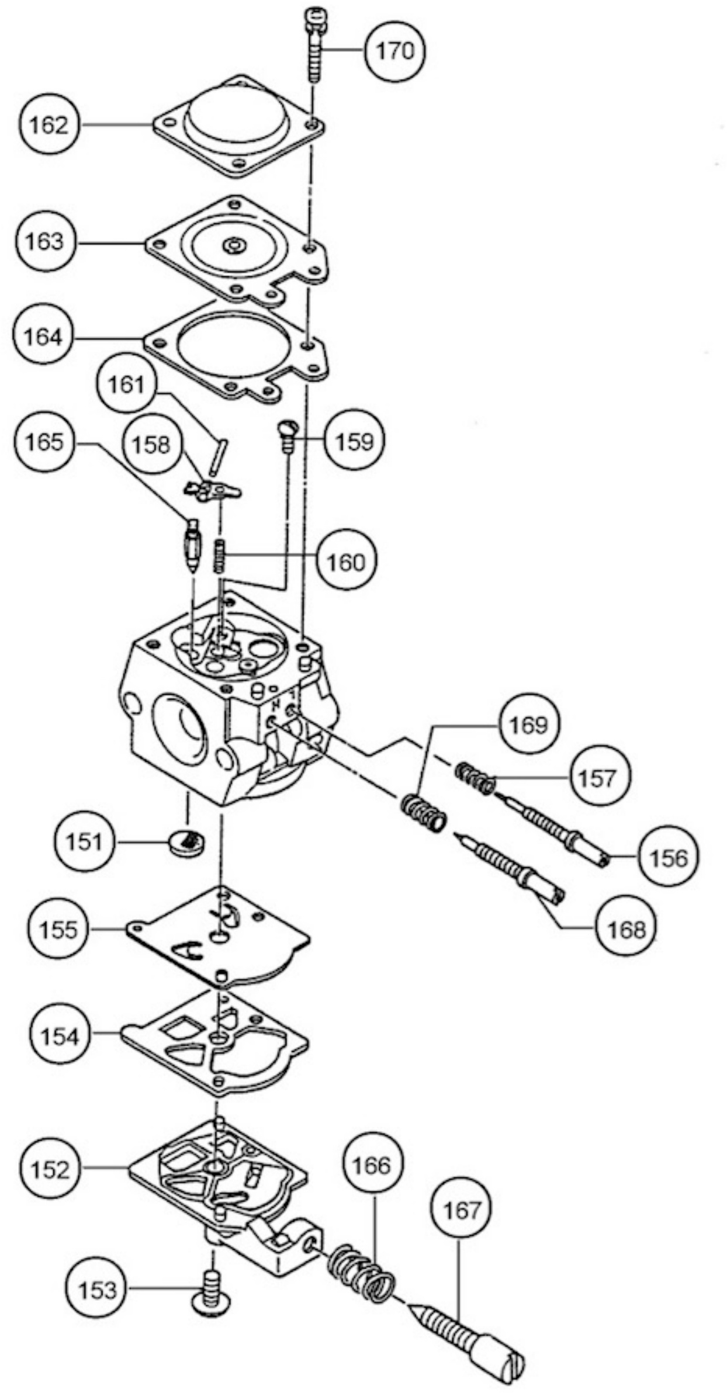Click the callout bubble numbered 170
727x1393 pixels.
click(x=395, y=51)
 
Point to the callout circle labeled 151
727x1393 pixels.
click(x=85, y=842)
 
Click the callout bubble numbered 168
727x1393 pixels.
click(x=626, y=929)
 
